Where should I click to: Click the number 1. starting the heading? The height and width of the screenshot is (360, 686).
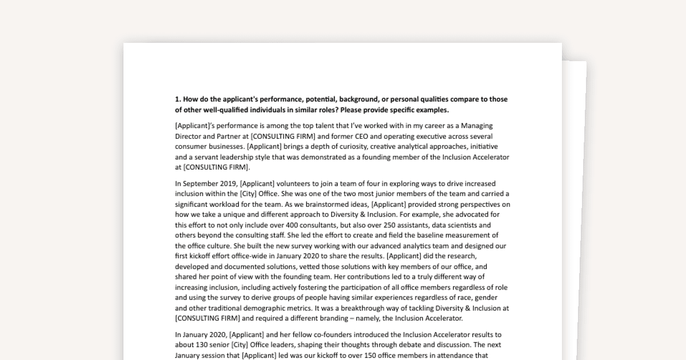pyautogui.click(x=178, y=99)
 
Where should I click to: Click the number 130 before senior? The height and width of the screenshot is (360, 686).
pyautogui.click(x=204, y=345)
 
